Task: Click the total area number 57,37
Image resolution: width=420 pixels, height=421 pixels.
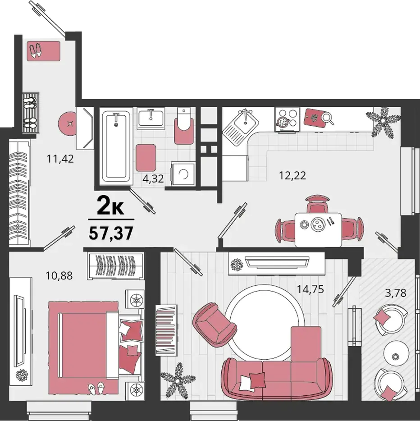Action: pyautogui.click(x=111, y=233)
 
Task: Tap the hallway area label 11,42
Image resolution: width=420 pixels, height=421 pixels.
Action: pyautogui.click(x=60, y=159)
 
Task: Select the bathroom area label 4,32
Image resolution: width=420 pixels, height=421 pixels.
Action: pyautogui.click(x=153, y=178)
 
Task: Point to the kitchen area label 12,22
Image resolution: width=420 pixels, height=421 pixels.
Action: pyautogui.click(x=292, y=176)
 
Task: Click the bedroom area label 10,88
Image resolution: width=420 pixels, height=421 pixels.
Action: pyautogui.click(x=59, y=275)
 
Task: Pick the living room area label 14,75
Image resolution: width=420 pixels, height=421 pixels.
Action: pyautogui.click(x=310, y=289)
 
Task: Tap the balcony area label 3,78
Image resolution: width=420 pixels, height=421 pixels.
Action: pyautogui.click(x=396, y=293)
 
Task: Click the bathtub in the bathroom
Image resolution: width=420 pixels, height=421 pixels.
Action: pyautogui.click(x=116, y=146)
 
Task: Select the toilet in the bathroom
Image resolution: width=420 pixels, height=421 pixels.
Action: pyautogui.click(x=184, y=126)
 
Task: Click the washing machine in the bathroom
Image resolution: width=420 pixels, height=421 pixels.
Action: pyautogui.click(x=183, y=174)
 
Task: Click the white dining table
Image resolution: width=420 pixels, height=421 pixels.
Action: pyautogui.click(x=318, y=229)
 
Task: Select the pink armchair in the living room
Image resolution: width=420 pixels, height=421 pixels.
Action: pyautogui.click(x=215, y=324)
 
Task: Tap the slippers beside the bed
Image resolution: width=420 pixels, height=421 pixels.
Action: pyautogui.click(x=96, y=388)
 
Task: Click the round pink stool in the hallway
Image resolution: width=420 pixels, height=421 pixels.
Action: pyautogui.click(x=69, y=124)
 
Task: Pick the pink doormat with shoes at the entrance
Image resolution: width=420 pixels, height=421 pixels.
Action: pyautogui.click(x=43, y=51)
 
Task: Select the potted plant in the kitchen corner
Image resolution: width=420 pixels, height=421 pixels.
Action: pyautogui.click(x=383, y=121)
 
